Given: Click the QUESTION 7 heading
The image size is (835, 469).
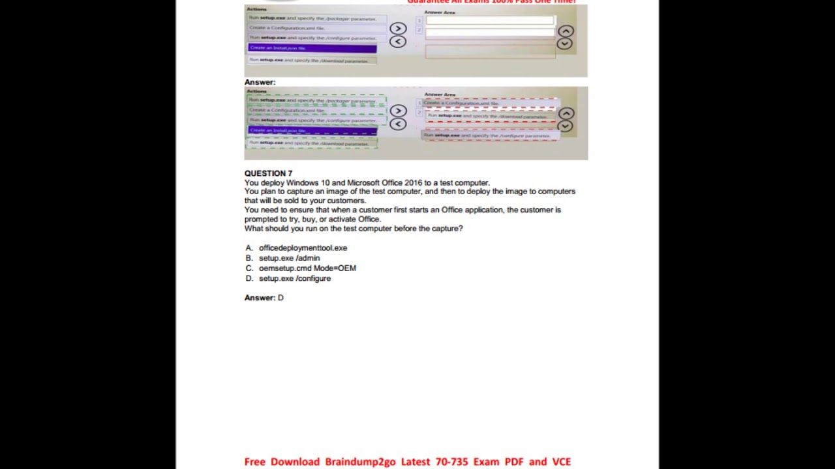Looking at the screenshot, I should [268, 173].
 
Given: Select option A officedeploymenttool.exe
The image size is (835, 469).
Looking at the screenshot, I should [303, 248].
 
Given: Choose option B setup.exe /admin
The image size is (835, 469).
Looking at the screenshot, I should [289, 258].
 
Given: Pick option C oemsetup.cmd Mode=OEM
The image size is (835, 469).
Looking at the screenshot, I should [307, 268].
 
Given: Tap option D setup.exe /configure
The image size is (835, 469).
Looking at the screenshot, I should [294, 278].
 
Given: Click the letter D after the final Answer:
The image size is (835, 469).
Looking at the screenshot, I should [281, 298].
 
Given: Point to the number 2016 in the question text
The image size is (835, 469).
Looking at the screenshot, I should [414, 183].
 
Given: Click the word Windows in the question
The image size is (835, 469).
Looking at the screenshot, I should [302, 183].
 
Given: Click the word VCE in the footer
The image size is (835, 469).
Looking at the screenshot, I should [561, 462].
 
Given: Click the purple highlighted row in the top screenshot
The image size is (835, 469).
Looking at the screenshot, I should [312, 48].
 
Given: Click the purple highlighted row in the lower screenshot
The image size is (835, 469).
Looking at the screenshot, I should [312, 130].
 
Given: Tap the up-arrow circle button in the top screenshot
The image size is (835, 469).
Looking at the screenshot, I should [566, 31].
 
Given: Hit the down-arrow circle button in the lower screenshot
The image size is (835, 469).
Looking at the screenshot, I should [566, 126].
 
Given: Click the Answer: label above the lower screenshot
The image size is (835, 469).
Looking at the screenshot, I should [260, 83].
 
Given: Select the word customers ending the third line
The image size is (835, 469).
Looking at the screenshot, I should [348, 201].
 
